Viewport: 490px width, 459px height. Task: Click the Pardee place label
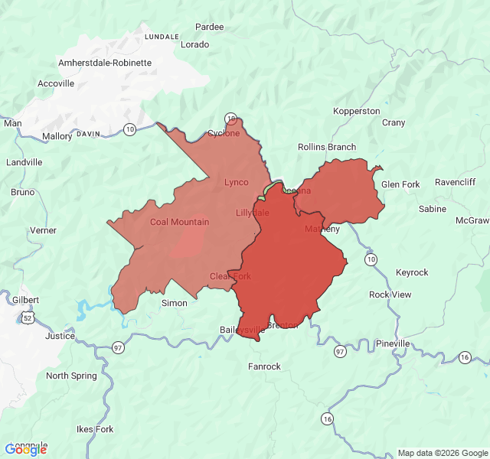[x=210, y=27]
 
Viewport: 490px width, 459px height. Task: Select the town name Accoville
[x=56, y=83]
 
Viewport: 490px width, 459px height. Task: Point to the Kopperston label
[x=357, y=112]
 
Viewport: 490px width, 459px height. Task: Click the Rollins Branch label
[x=327, y=147]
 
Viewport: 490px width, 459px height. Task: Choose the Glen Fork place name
[x=400, y=185]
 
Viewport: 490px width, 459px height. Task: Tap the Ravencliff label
[x=455, y=182]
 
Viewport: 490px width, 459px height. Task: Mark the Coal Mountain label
[x=179, y=223]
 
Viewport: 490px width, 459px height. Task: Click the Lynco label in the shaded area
[x=236, y=182]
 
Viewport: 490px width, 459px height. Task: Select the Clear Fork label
[x=230, y=276]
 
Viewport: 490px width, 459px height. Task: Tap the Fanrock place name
[x=264, y=367]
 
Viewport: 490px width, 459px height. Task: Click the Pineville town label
[x=393, y=344]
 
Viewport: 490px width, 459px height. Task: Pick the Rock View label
[x=390, y=295]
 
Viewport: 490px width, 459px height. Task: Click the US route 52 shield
[x=28, y=317]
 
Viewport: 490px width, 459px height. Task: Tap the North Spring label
[x=71, y=376]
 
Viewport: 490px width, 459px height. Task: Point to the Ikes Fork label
[x=95, y=430]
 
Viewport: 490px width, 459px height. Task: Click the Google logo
[x=25, y=450]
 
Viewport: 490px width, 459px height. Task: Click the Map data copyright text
[x=442, y=453]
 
